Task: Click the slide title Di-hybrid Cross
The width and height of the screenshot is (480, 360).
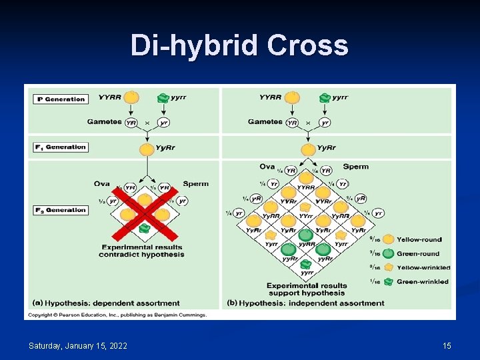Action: pos(239,46)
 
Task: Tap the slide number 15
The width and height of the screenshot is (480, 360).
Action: pos(447,345)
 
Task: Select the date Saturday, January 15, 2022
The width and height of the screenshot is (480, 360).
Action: pos(78,345)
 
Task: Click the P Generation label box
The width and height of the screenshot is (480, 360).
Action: pos(61,99)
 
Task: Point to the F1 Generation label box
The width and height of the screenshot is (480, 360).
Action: pos(61,147)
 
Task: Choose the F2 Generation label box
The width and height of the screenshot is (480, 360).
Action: pos(61,210)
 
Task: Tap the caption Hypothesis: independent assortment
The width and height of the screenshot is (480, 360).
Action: pos(306,303)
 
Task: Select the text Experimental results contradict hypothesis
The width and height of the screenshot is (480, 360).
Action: pos(141,251)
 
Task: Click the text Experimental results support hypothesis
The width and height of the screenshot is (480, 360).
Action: pos(307,289)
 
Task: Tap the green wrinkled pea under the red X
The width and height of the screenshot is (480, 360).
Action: pos(145,228)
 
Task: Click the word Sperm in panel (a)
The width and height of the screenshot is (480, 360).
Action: pos(195,184)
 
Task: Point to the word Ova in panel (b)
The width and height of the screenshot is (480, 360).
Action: pos(267,167)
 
